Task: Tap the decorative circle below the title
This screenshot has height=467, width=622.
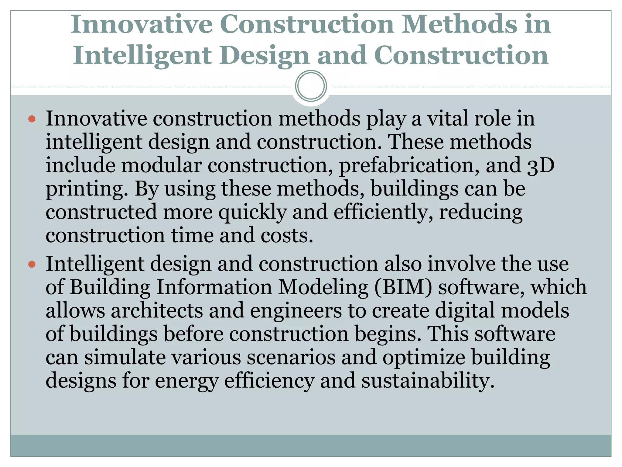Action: [x=311, y=86]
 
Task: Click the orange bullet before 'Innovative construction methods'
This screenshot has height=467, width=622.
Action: [x=32, y=119]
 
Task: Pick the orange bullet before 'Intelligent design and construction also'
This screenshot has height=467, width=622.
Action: [x=32, y=264]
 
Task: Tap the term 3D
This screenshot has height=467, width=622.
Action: [x=541, y=166]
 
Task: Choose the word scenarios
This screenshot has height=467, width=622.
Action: [x=291, y=357]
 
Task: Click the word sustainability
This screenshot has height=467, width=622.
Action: [x=428, y=381]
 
